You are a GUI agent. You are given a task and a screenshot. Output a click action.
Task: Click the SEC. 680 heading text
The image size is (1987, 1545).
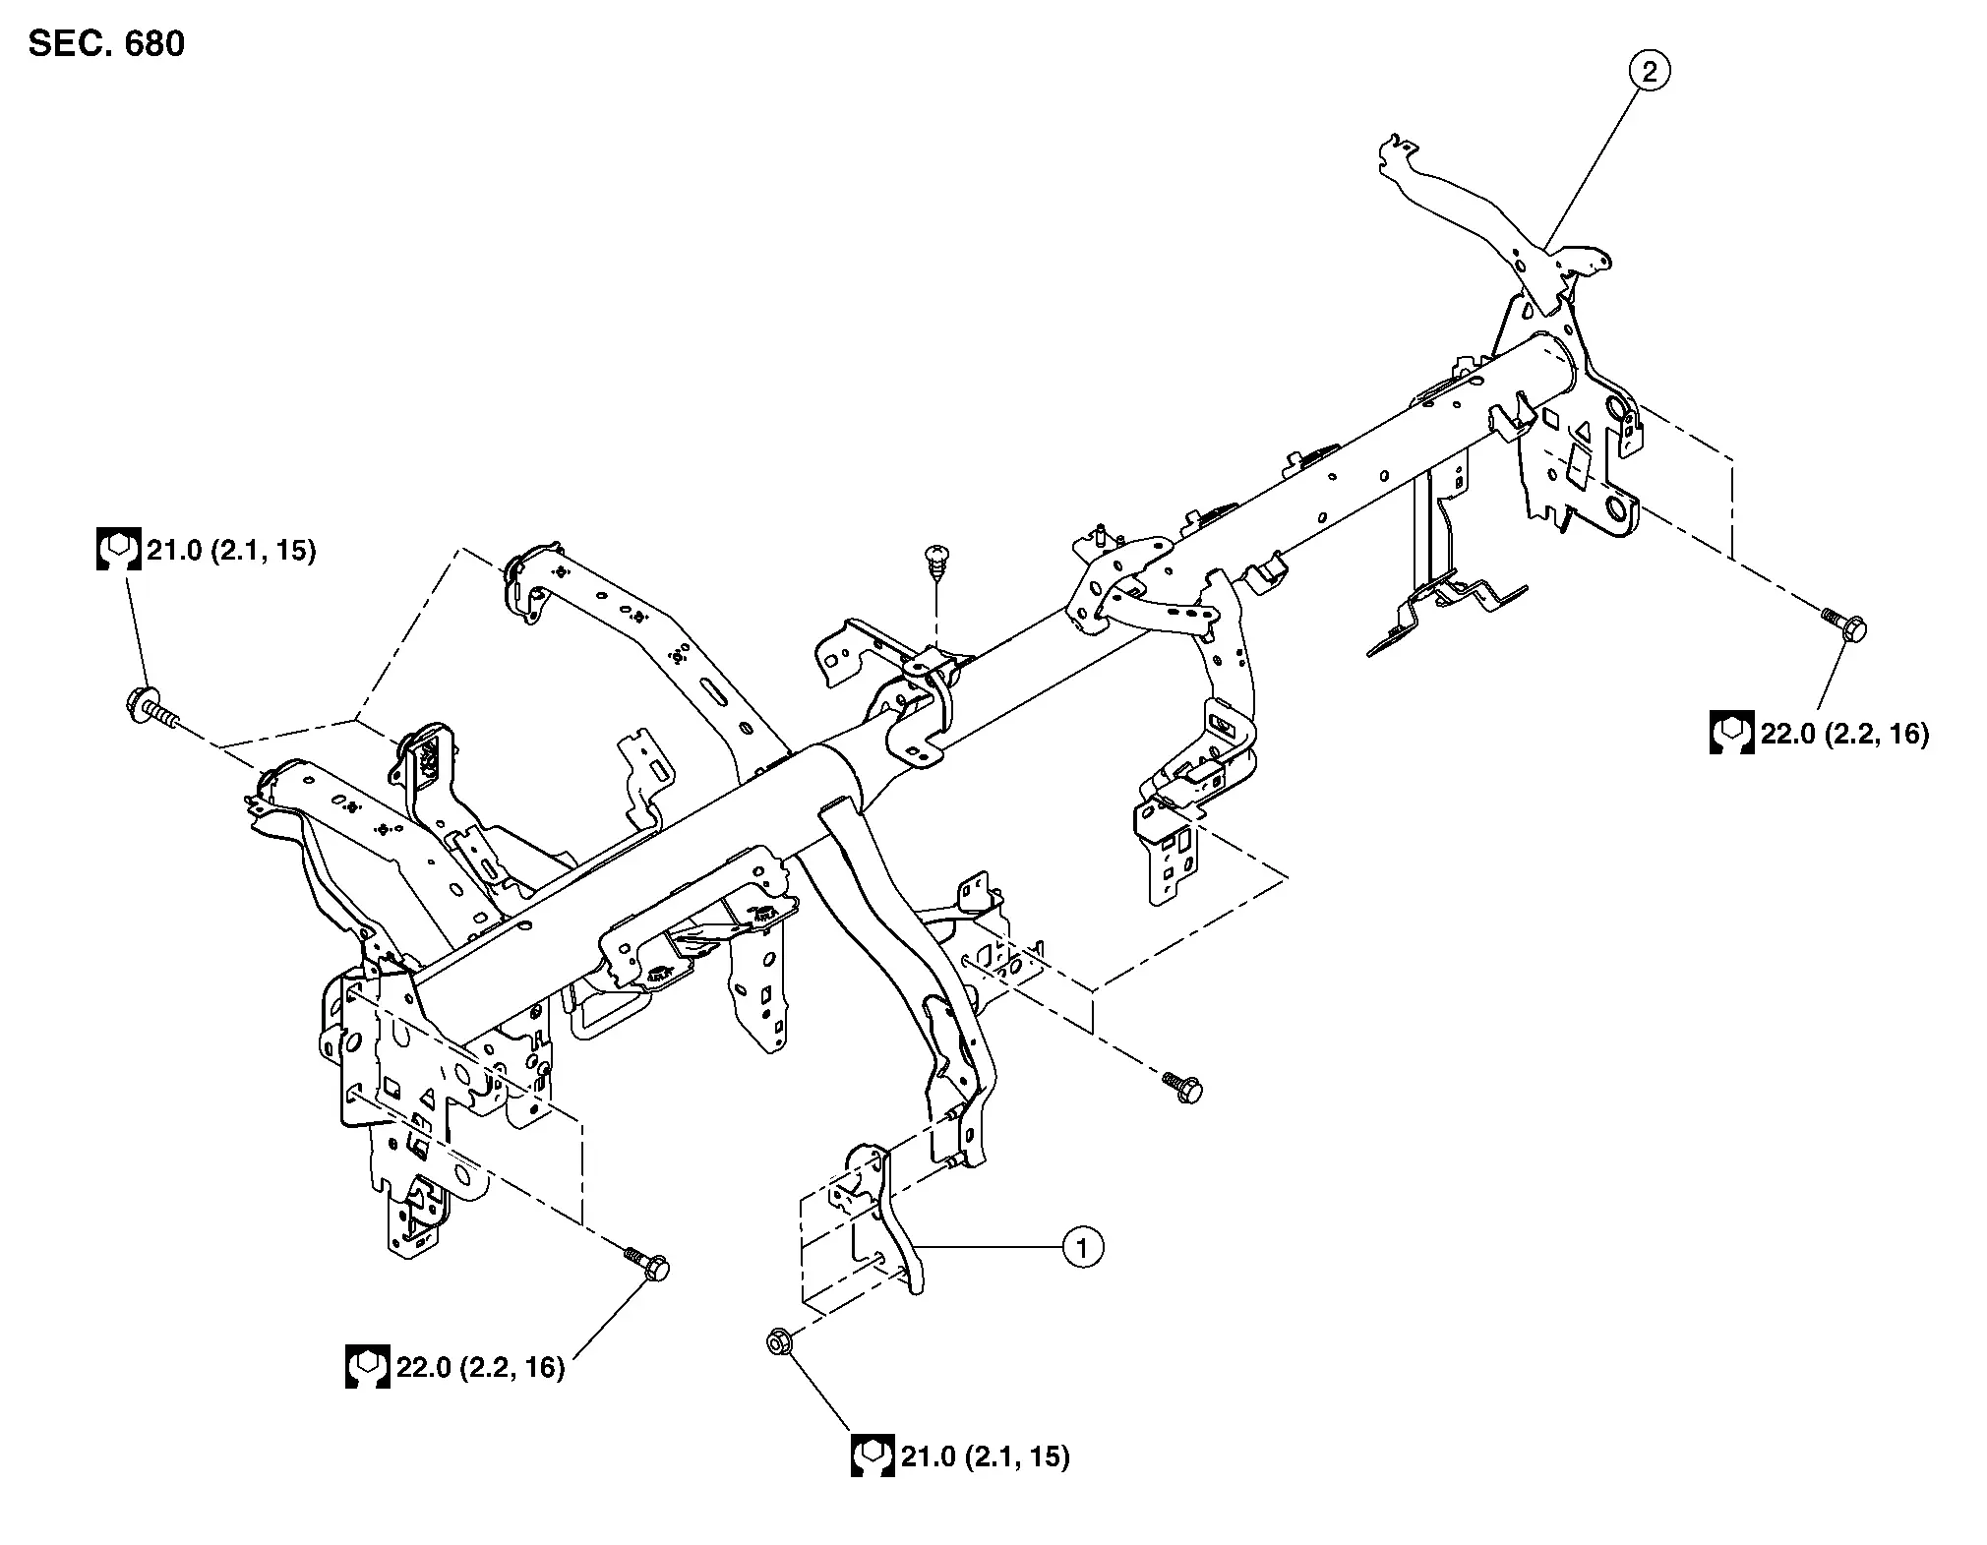(x=106, y=44)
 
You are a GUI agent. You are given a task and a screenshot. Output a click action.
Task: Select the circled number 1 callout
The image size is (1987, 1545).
(x=1083, y=1248)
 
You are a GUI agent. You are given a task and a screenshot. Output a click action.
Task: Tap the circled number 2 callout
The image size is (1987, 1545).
(x=1650, y=71)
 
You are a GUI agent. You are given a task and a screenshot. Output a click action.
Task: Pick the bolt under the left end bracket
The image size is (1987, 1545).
(x=647, y=1263)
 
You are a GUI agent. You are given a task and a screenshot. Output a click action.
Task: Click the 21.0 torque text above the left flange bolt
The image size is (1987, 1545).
(x=231, y=551)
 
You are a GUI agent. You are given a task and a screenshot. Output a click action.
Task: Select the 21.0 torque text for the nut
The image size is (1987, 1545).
(x=986, y=1456)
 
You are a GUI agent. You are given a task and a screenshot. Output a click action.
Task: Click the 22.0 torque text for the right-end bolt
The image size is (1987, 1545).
(x=1845, y=733)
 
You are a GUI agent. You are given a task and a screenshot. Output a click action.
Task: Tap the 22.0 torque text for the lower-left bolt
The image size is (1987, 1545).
(x=481, y=1367)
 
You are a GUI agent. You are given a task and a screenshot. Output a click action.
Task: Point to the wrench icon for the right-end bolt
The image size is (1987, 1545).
(x=1731, y=733)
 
